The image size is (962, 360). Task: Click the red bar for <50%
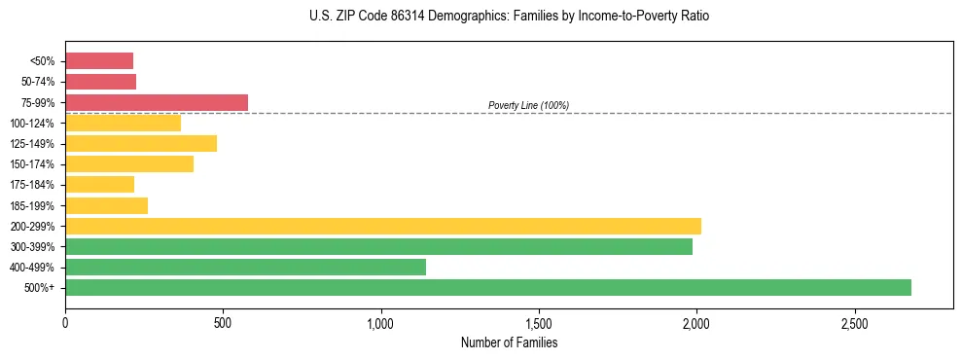point(99,61)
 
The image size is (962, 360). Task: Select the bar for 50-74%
point(100,82)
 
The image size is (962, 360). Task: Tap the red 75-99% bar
point(157,102)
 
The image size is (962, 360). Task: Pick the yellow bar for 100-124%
point(123,123)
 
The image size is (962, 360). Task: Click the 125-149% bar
point(141,143)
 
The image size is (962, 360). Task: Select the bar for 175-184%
point(99,185)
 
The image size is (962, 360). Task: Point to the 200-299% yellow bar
point(383,226)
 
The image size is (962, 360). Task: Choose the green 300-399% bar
point(378,246)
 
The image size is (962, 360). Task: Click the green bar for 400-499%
point(245,267)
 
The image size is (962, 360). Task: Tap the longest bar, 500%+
point(488,287)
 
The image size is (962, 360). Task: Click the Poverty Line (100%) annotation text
point(528,105)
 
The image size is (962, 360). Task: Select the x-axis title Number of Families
point(509,342)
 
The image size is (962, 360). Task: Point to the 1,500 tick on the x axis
point(538,323)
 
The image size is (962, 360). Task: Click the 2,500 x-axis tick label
point(854,323)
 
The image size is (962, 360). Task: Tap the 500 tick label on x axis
point(223,323)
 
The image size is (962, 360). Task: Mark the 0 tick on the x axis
point(65,323)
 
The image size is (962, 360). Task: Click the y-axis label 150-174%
point(32,164)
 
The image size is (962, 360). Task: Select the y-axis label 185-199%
point(32,205)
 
